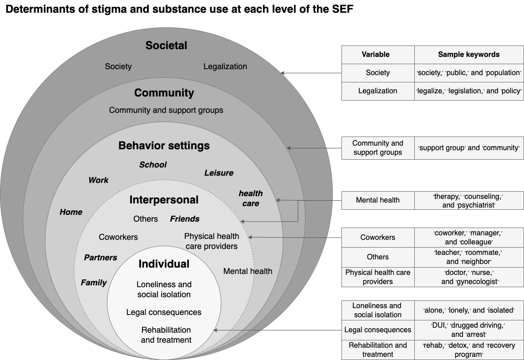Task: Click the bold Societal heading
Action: coord(166,46)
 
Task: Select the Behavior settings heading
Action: coord(164,146)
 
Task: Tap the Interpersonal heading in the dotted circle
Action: coord(164,200)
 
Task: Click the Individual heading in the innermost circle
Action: coord(164,264)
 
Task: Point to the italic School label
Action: coord(153,165)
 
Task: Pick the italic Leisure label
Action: coord(219,173)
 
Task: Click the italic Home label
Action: coord(71,212)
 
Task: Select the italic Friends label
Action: coord(184,219)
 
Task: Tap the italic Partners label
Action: coord(101,258)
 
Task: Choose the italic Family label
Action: coord(94,283)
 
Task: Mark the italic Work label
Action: coord(98,180)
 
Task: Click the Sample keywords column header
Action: coord(468,55)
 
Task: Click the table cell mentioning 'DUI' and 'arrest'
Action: coord(468,330)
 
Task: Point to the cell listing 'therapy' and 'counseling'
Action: coord(468,200)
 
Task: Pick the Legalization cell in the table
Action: coord(377,91)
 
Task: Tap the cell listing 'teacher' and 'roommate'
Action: coord(468,257)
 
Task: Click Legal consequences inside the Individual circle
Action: coord(164,312)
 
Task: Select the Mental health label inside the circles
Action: coord(248,271)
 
